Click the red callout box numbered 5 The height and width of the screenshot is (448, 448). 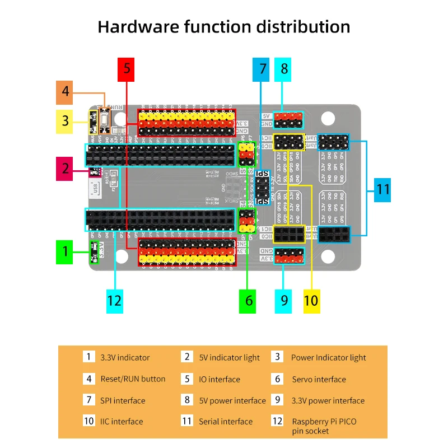point(127,69)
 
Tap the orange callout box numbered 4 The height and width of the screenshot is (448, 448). point(66,92)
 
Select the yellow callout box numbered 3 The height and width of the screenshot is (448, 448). point(66,120)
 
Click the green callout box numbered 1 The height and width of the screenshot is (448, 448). point(66,251)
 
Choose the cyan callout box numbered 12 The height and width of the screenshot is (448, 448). point(115,301)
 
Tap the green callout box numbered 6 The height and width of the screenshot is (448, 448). point(249,301)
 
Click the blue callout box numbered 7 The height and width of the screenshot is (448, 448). point(262,69)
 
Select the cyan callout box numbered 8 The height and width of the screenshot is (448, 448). point(284,69)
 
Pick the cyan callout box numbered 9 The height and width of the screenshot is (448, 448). point(284,301)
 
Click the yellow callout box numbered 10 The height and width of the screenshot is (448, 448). point(311,301)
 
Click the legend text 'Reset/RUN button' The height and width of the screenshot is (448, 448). point(133,379)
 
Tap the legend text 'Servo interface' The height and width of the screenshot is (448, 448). point(319,380)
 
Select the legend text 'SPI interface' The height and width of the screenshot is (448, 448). point(123,400)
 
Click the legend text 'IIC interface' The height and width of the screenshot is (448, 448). point(122,422)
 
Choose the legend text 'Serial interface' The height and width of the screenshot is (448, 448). point(226,422)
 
